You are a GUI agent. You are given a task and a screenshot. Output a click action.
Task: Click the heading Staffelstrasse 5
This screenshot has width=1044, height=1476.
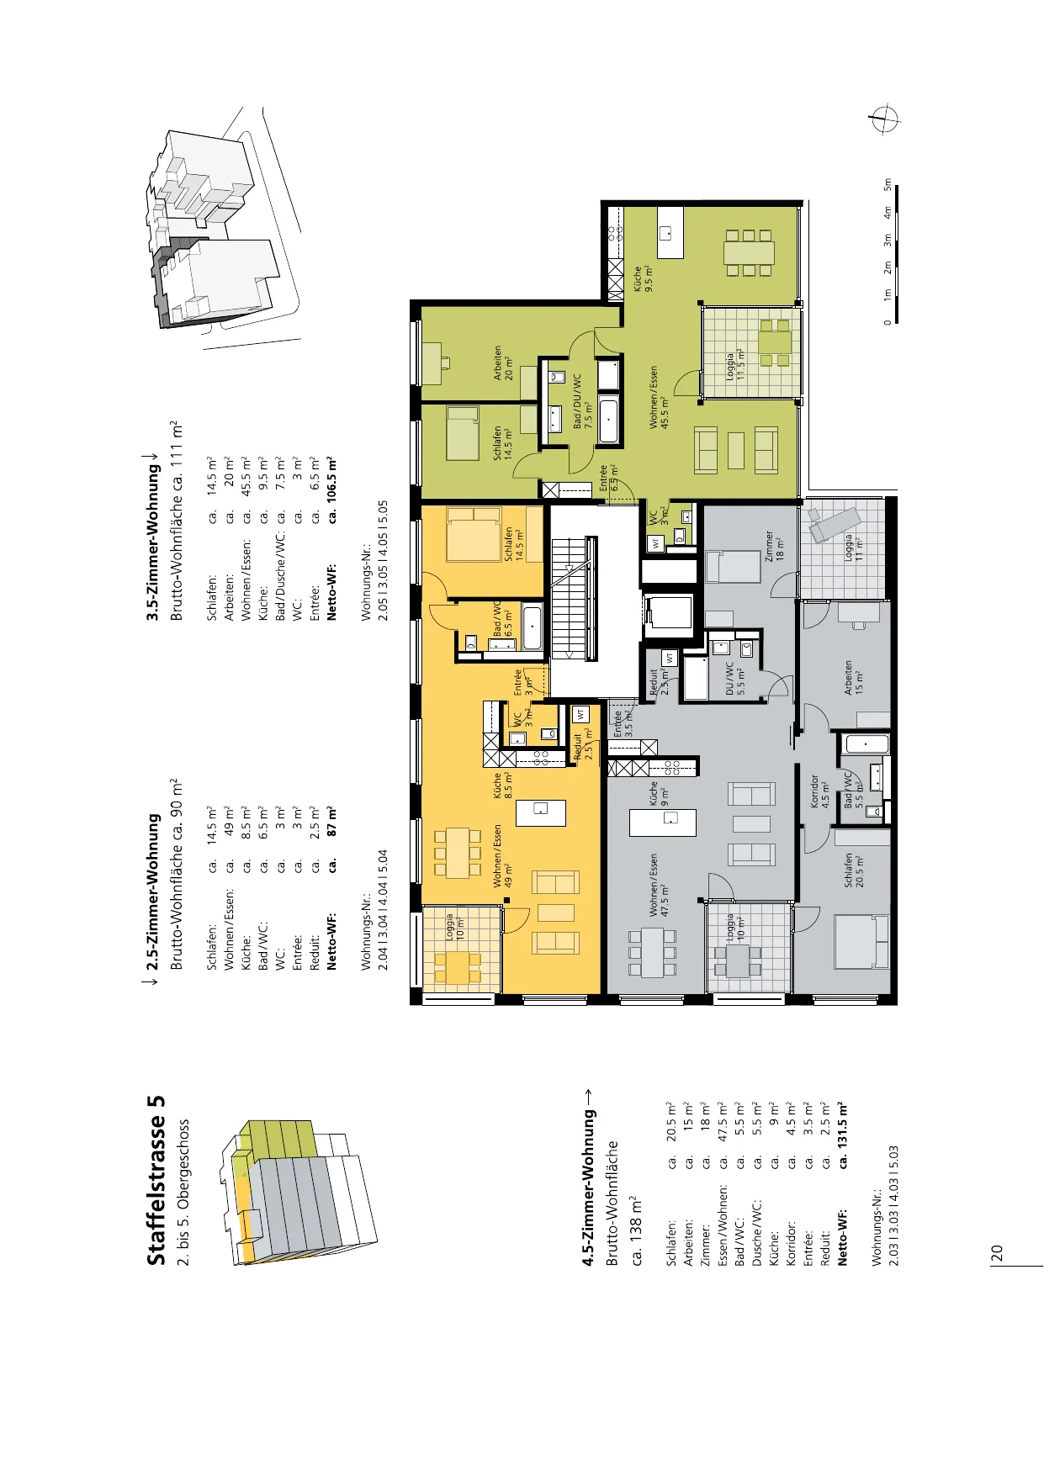point(156,1179)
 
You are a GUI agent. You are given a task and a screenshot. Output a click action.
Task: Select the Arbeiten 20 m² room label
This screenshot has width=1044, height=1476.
point(503,363)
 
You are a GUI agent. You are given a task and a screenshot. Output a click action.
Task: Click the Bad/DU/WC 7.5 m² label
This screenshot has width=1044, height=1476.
point(582,401)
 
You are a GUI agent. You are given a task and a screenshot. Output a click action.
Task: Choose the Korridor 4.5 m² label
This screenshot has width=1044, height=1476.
point(819,791)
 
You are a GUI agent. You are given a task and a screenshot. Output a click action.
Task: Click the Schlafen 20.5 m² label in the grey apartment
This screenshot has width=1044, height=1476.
point(853,870)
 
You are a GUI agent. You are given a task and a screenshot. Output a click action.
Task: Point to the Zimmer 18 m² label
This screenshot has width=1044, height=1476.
point(773,546)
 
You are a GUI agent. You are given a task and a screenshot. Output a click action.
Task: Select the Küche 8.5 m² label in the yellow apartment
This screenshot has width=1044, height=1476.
point(503,786)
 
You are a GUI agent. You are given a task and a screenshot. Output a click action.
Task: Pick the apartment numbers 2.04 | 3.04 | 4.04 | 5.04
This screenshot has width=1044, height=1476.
point(383,897)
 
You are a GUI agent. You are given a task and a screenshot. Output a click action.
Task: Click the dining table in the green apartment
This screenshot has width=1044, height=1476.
point(749,253)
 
